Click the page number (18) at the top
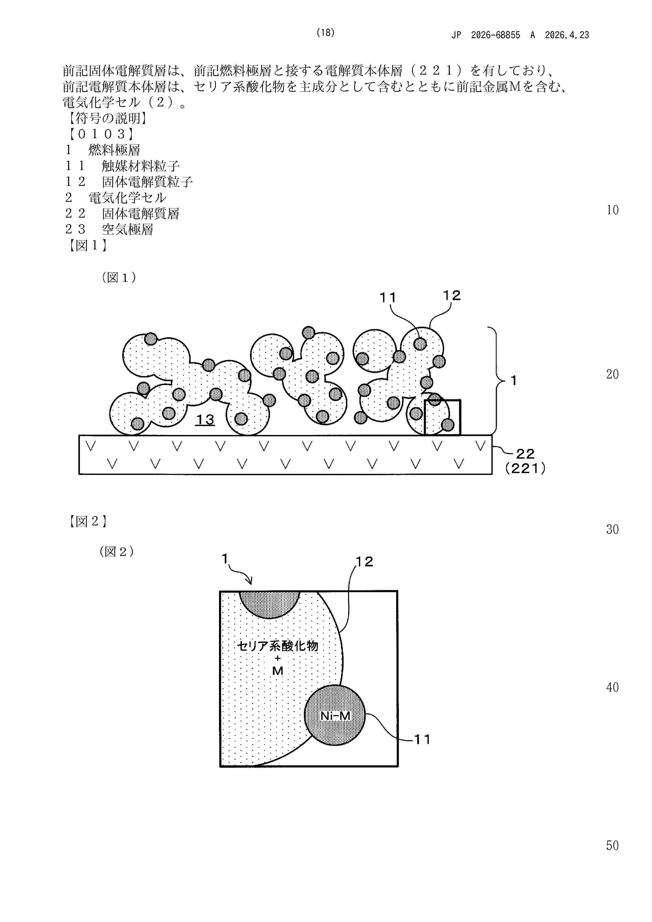pyautogui.click(x=325, y=33)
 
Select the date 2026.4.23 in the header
pyautogui.click(x=567, y=35)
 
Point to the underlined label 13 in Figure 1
pyautogui.click(x=205, y=420)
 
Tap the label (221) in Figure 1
pyautogui.click(x=525, y=468)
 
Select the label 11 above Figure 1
pyautogui.click(x=388, y=298)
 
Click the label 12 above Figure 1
pyautogui.click(x=452, y=296)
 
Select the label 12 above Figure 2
pyautogui.click(x=364, y=561)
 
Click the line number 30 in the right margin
pyautogui.click(x=612, y=529)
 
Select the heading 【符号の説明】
pyautogui.click(x=105, y=118)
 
